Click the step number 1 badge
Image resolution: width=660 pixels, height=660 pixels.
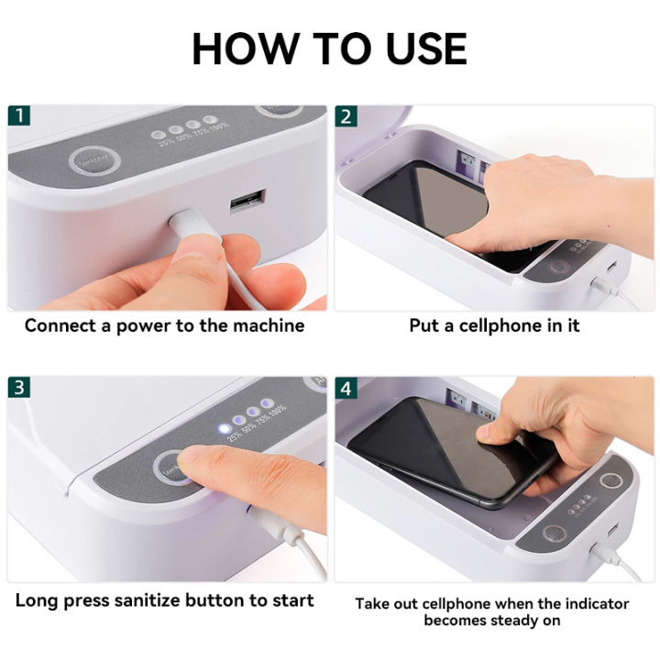[x=18, y=116]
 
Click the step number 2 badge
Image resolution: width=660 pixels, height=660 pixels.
[x=346, y=116]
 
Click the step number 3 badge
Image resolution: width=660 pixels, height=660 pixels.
[x=18, y=387]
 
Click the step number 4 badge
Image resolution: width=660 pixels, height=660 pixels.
[x=346, y=387]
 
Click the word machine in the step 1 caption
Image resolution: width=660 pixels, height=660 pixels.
[x=269, y=325]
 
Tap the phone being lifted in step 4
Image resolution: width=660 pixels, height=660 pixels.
[x=440, y=449]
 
